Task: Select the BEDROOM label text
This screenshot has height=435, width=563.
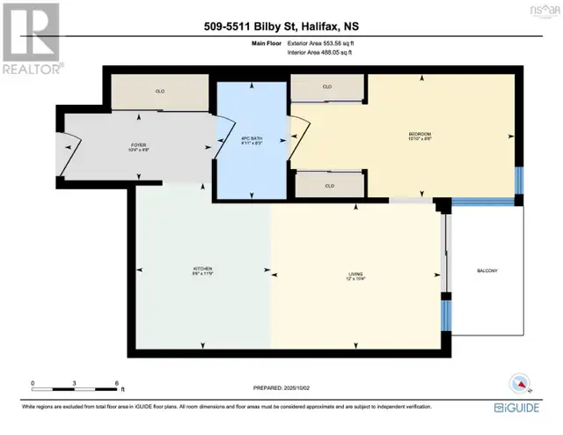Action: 420,135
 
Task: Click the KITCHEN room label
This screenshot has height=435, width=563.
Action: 203,269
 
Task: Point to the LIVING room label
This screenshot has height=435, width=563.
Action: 355,276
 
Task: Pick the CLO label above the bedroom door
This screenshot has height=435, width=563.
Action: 328,87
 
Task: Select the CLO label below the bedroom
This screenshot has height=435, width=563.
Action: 328,186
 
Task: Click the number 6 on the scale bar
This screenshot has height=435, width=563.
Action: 116,384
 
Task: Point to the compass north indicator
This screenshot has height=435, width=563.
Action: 520,384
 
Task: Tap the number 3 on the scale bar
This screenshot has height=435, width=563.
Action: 75,384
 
